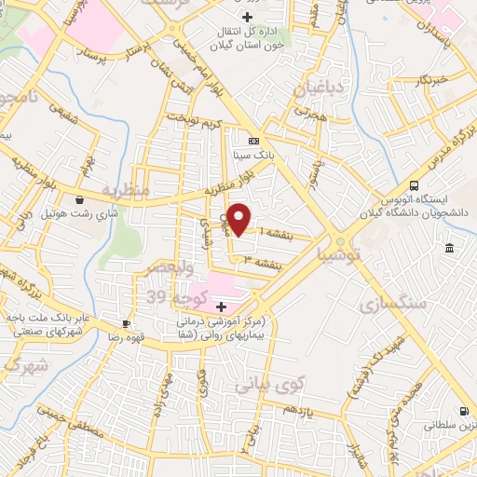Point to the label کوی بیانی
[269, 383]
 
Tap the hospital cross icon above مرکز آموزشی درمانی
[221, 307]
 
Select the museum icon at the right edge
[450, 248]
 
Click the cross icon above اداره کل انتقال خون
[246, 18]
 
